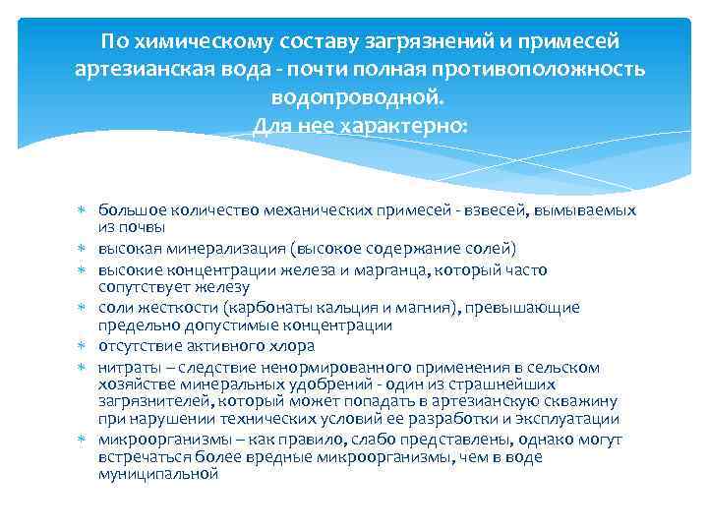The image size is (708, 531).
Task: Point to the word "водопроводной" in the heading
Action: [x=356, y=98]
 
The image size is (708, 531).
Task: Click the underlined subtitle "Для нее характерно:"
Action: [x=361, y=126]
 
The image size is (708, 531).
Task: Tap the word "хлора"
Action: [x=292, y=345]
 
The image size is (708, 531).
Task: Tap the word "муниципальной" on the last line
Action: [x=156, y=474]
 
